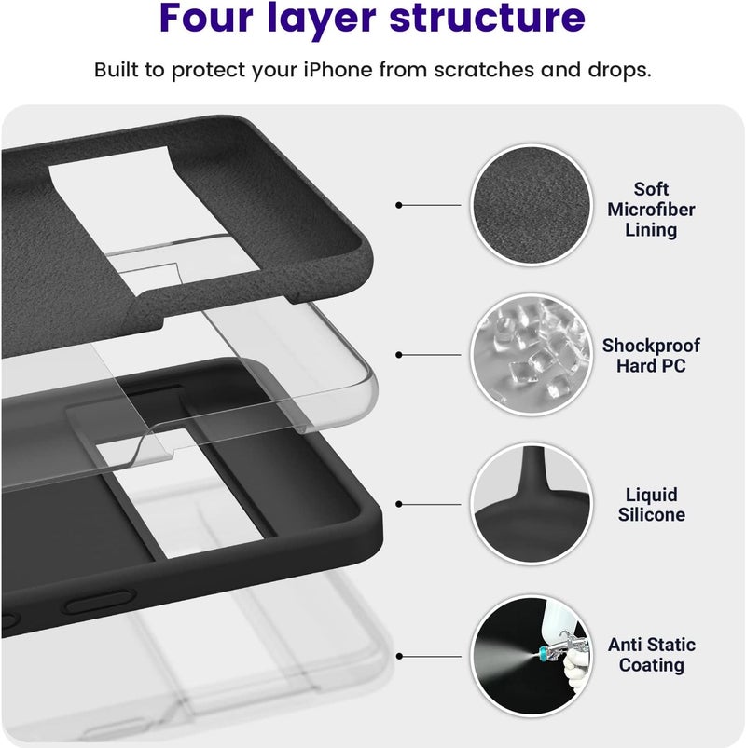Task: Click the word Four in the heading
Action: pyautogui.click(x=206, y=17)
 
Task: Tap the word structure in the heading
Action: pyautogui.click(x=487, y=17)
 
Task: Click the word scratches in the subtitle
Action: pyautogui.click(x=484, y=70)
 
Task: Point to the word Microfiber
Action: pyautogui.click(x=651, y=210)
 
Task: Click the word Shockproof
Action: pyautogui.click(x=651, y=346)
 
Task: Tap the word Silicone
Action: pyautogui.click(x=652, y=515)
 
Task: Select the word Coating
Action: pyautogui.click(x=652, y=665)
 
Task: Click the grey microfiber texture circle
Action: pyautogui.click(x=532, y=205)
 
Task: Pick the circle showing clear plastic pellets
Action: pyautogui.click(x=532, y=355)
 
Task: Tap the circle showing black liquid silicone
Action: pyautogui.click(x=532, y=504)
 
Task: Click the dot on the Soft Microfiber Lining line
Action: pyautogui.click(x=399, y=205)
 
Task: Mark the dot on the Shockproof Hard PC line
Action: pyautogui.click(x=399, y=355)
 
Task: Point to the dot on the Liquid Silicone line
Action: pyautogui.click(x=399, y=504)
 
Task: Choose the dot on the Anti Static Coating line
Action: pyautogui.click(x=399, y=657)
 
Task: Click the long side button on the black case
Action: pyautogui.click(x=99, y=602)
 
